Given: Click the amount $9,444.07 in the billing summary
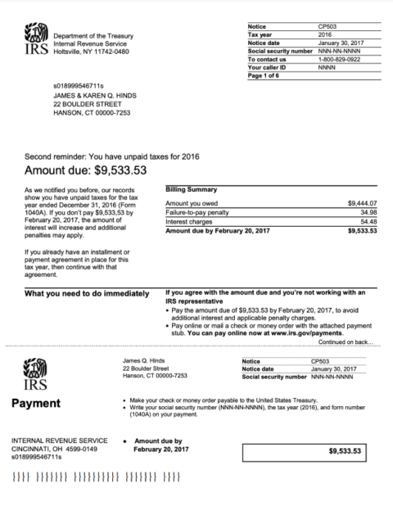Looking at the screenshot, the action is click(362, 202).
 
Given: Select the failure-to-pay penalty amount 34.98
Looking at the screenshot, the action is click(368, 212).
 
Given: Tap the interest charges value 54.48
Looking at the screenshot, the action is click(368, 222).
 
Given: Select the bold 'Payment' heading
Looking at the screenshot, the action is click(38, 403).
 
